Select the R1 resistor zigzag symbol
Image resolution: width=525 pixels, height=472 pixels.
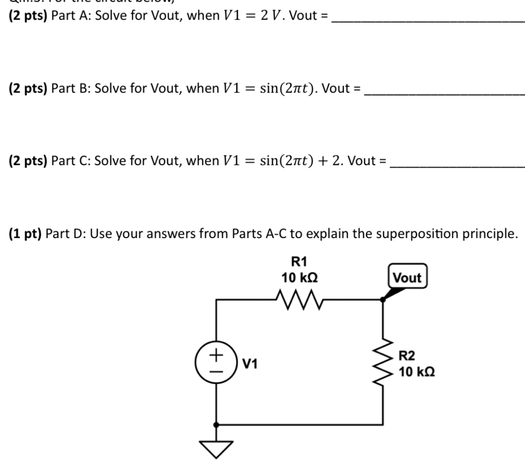299,300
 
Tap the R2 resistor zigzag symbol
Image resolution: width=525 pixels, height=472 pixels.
383,362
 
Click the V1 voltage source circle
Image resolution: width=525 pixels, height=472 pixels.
216,362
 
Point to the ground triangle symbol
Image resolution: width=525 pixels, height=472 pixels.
216,448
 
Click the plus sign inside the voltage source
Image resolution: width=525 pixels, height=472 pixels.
216,355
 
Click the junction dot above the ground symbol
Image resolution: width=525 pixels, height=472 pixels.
216,425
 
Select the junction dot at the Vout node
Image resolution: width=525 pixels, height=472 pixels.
383,300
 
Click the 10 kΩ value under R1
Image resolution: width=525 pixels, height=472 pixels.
299,278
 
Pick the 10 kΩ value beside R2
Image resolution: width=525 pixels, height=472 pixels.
416,372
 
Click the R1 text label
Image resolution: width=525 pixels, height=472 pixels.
299,262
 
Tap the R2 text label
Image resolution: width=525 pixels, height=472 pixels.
406,356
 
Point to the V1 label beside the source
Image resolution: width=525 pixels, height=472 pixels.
250,364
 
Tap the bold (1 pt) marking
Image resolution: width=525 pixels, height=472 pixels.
25,233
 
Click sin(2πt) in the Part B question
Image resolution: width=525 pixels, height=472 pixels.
286,88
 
